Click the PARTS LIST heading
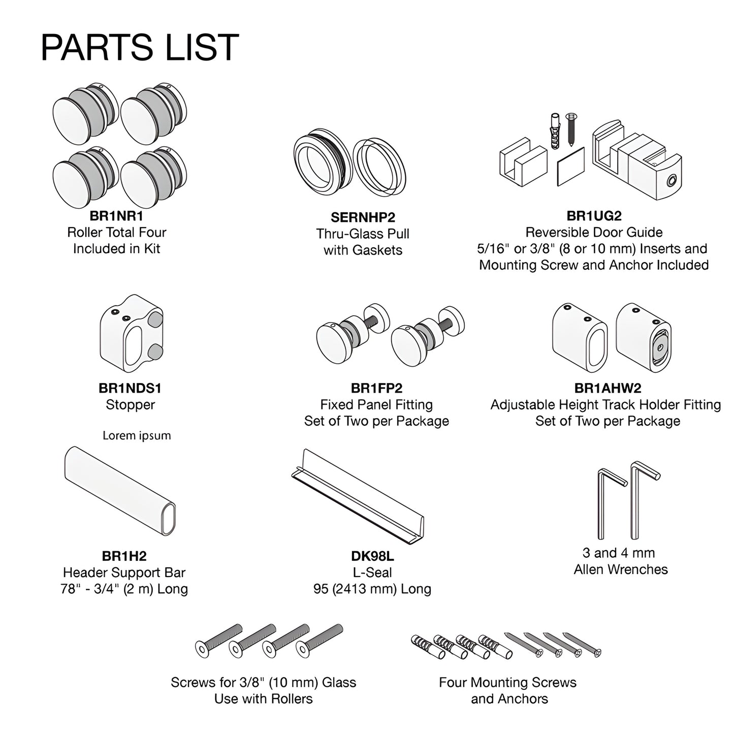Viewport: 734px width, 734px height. (x=140, y=47)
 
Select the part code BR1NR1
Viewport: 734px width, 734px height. (x=116, y=216)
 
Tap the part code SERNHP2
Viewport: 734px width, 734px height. (x=363, y=217)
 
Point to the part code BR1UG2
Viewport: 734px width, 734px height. (x=594, y=215)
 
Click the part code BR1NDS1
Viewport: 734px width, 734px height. (x=130, y=388)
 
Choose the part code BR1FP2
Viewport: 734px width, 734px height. (x=376, y=388)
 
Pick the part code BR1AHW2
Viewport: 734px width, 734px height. (x=608, y=388)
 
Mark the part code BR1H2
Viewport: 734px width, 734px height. (x=124, y=556)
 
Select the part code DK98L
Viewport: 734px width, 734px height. (x=372, y=556)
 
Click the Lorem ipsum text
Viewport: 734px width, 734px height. (x=137, y=435)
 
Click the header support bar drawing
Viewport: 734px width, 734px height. (x=120, y=491)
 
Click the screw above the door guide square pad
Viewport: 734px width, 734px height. (x=571, y=129)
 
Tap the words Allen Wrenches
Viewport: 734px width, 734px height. (x=621, y=569)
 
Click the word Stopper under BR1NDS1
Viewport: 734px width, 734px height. (x=130, y=404)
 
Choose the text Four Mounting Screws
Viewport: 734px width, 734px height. (x=507, y=682)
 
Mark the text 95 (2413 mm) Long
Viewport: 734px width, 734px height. (x=372, y=589)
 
